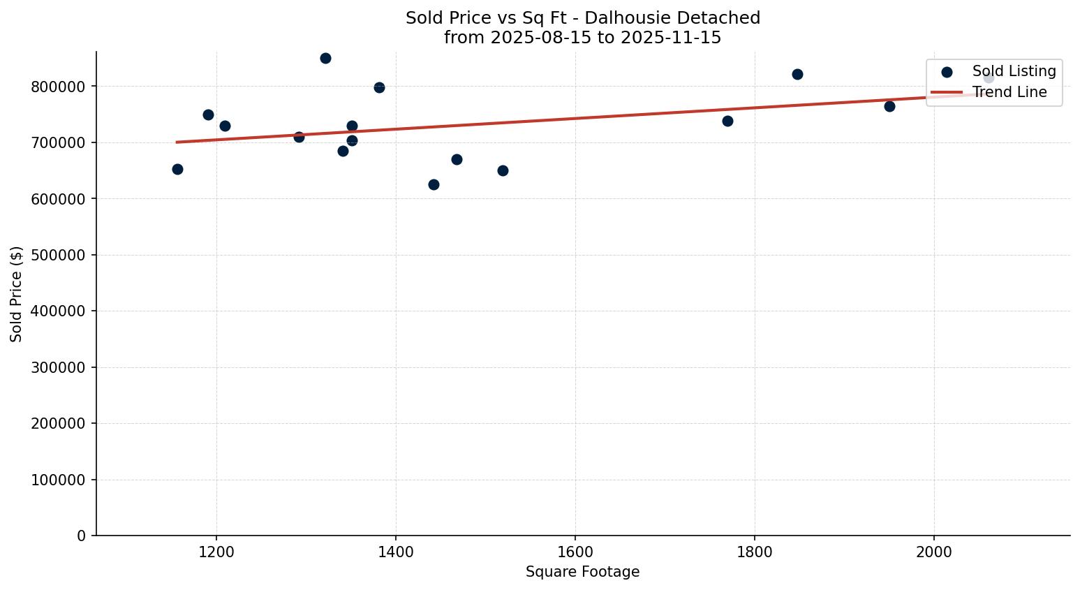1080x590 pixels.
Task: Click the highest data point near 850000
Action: click(325, 58)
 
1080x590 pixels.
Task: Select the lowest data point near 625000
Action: click(434, 184)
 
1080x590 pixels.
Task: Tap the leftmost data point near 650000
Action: click(177, 169)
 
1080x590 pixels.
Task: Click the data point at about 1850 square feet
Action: click(797, 74)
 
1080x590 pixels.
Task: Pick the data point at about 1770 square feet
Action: click(727, 121)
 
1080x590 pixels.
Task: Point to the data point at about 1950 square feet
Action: click(889, 106)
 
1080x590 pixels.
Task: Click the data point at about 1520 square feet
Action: click(503, 170)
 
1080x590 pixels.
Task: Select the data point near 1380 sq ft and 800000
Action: click(379, 87)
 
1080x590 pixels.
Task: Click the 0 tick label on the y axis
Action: click(82, 536)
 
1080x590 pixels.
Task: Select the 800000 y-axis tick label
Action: click(58, 87)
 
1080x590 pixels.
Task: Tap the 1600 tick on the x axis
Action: click(575, 552)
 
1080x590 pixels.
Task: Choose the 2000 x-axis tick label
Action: click(934, 552)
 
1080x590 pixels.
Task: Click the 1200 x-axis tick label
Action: click(216, 552)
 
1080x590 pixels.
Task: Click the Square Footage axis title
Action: click(582, 573)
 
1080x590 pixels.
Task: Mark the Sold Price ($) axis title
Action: click(16, 294)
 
